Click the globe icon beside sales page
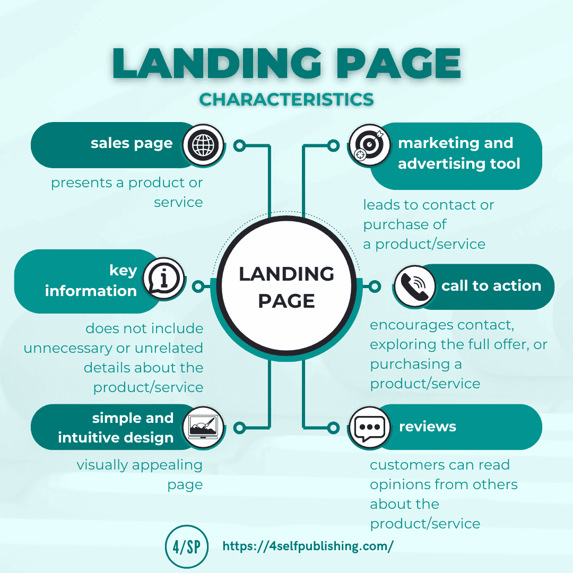click(203, 144)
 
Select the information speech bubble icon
click(164, 278)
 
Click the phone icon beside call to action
click(414, 286)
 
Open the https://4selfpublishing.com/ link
click(308, 546)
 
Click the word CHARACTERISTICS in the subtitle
click(286, 99)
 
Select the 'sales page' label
click(132, 143)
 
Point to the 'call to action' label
click(491, 286)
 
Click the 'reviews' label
click(427, 427)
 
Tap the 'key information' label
click(91, 281)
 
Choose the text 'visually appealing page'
click(140, 474)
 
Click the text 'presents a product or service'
click(127, 192)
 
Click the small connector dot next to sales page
click(239, 145)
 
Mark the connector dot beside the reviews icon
click(333, 427)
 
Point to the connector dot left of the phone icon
click(375, 286)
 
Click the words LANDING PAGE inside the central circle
click(286, 287)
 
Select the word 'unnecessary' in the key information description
click(67, 348)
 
